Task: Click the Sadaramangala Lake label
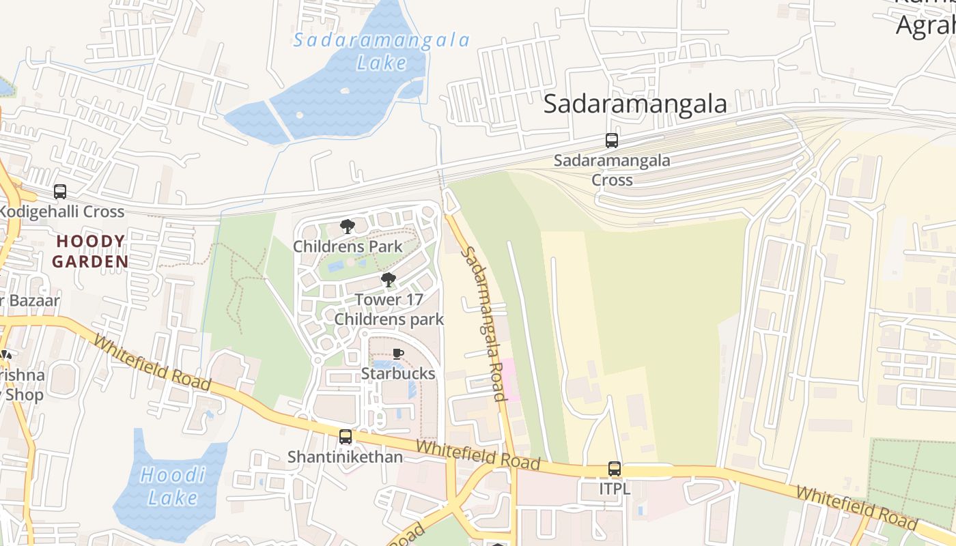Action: (382, 51)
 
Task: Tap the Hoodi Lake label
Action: (172, 486)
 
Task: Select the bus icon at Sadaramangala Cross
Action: (612, 141)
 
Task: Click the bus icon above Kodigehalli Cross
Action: (60, 192)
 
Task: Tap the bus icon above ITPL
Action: (615, 469)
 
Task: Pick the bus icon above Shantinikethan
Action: (346, 437)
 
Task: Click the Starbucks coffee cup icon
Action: (398, 354)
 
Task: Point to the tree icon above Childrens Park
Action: (348, 226)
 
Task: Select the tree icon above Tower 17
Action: (389, 279)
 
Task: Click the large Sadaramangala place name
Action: (635, 104)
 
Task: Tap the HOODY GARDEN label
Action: (90, 251)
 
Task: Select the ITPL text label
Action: (615, 489)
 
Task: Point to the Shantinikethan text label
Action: (345, 457)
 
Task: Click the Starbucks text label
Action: (398, 373)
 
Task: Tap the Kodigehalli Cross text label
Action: (61, 212)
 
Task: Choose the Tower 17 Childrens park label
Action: (389, 309)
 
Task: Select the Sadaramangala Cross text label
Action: (612, 170)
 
